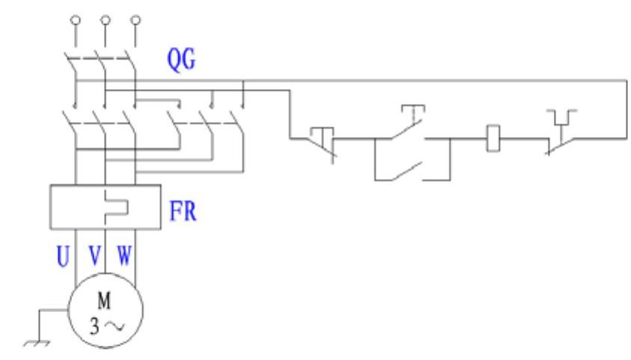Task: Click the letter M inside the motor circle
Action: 103,302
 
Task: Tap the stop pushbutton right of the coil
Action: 559,135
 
